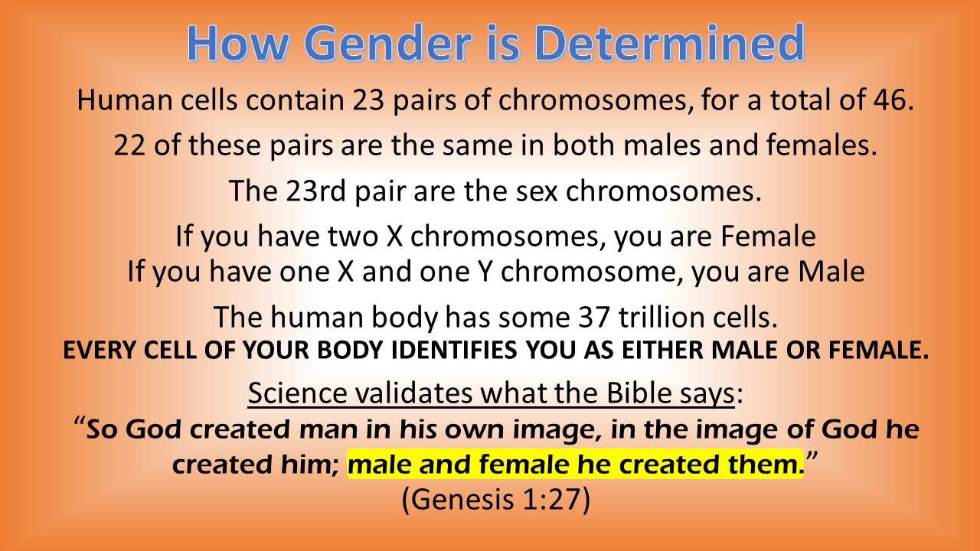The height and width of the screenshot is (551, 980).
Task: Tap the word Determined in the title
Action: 669,44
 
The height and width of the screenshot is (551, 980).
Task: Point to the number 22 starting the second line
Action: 129,145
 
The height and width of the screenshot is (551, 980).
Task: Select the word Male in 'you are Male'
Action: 831,272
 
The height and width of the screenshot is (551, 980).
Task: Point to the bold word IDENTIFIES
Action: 453,350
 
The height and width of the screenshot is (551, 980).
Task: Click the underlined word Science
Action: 298,393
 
